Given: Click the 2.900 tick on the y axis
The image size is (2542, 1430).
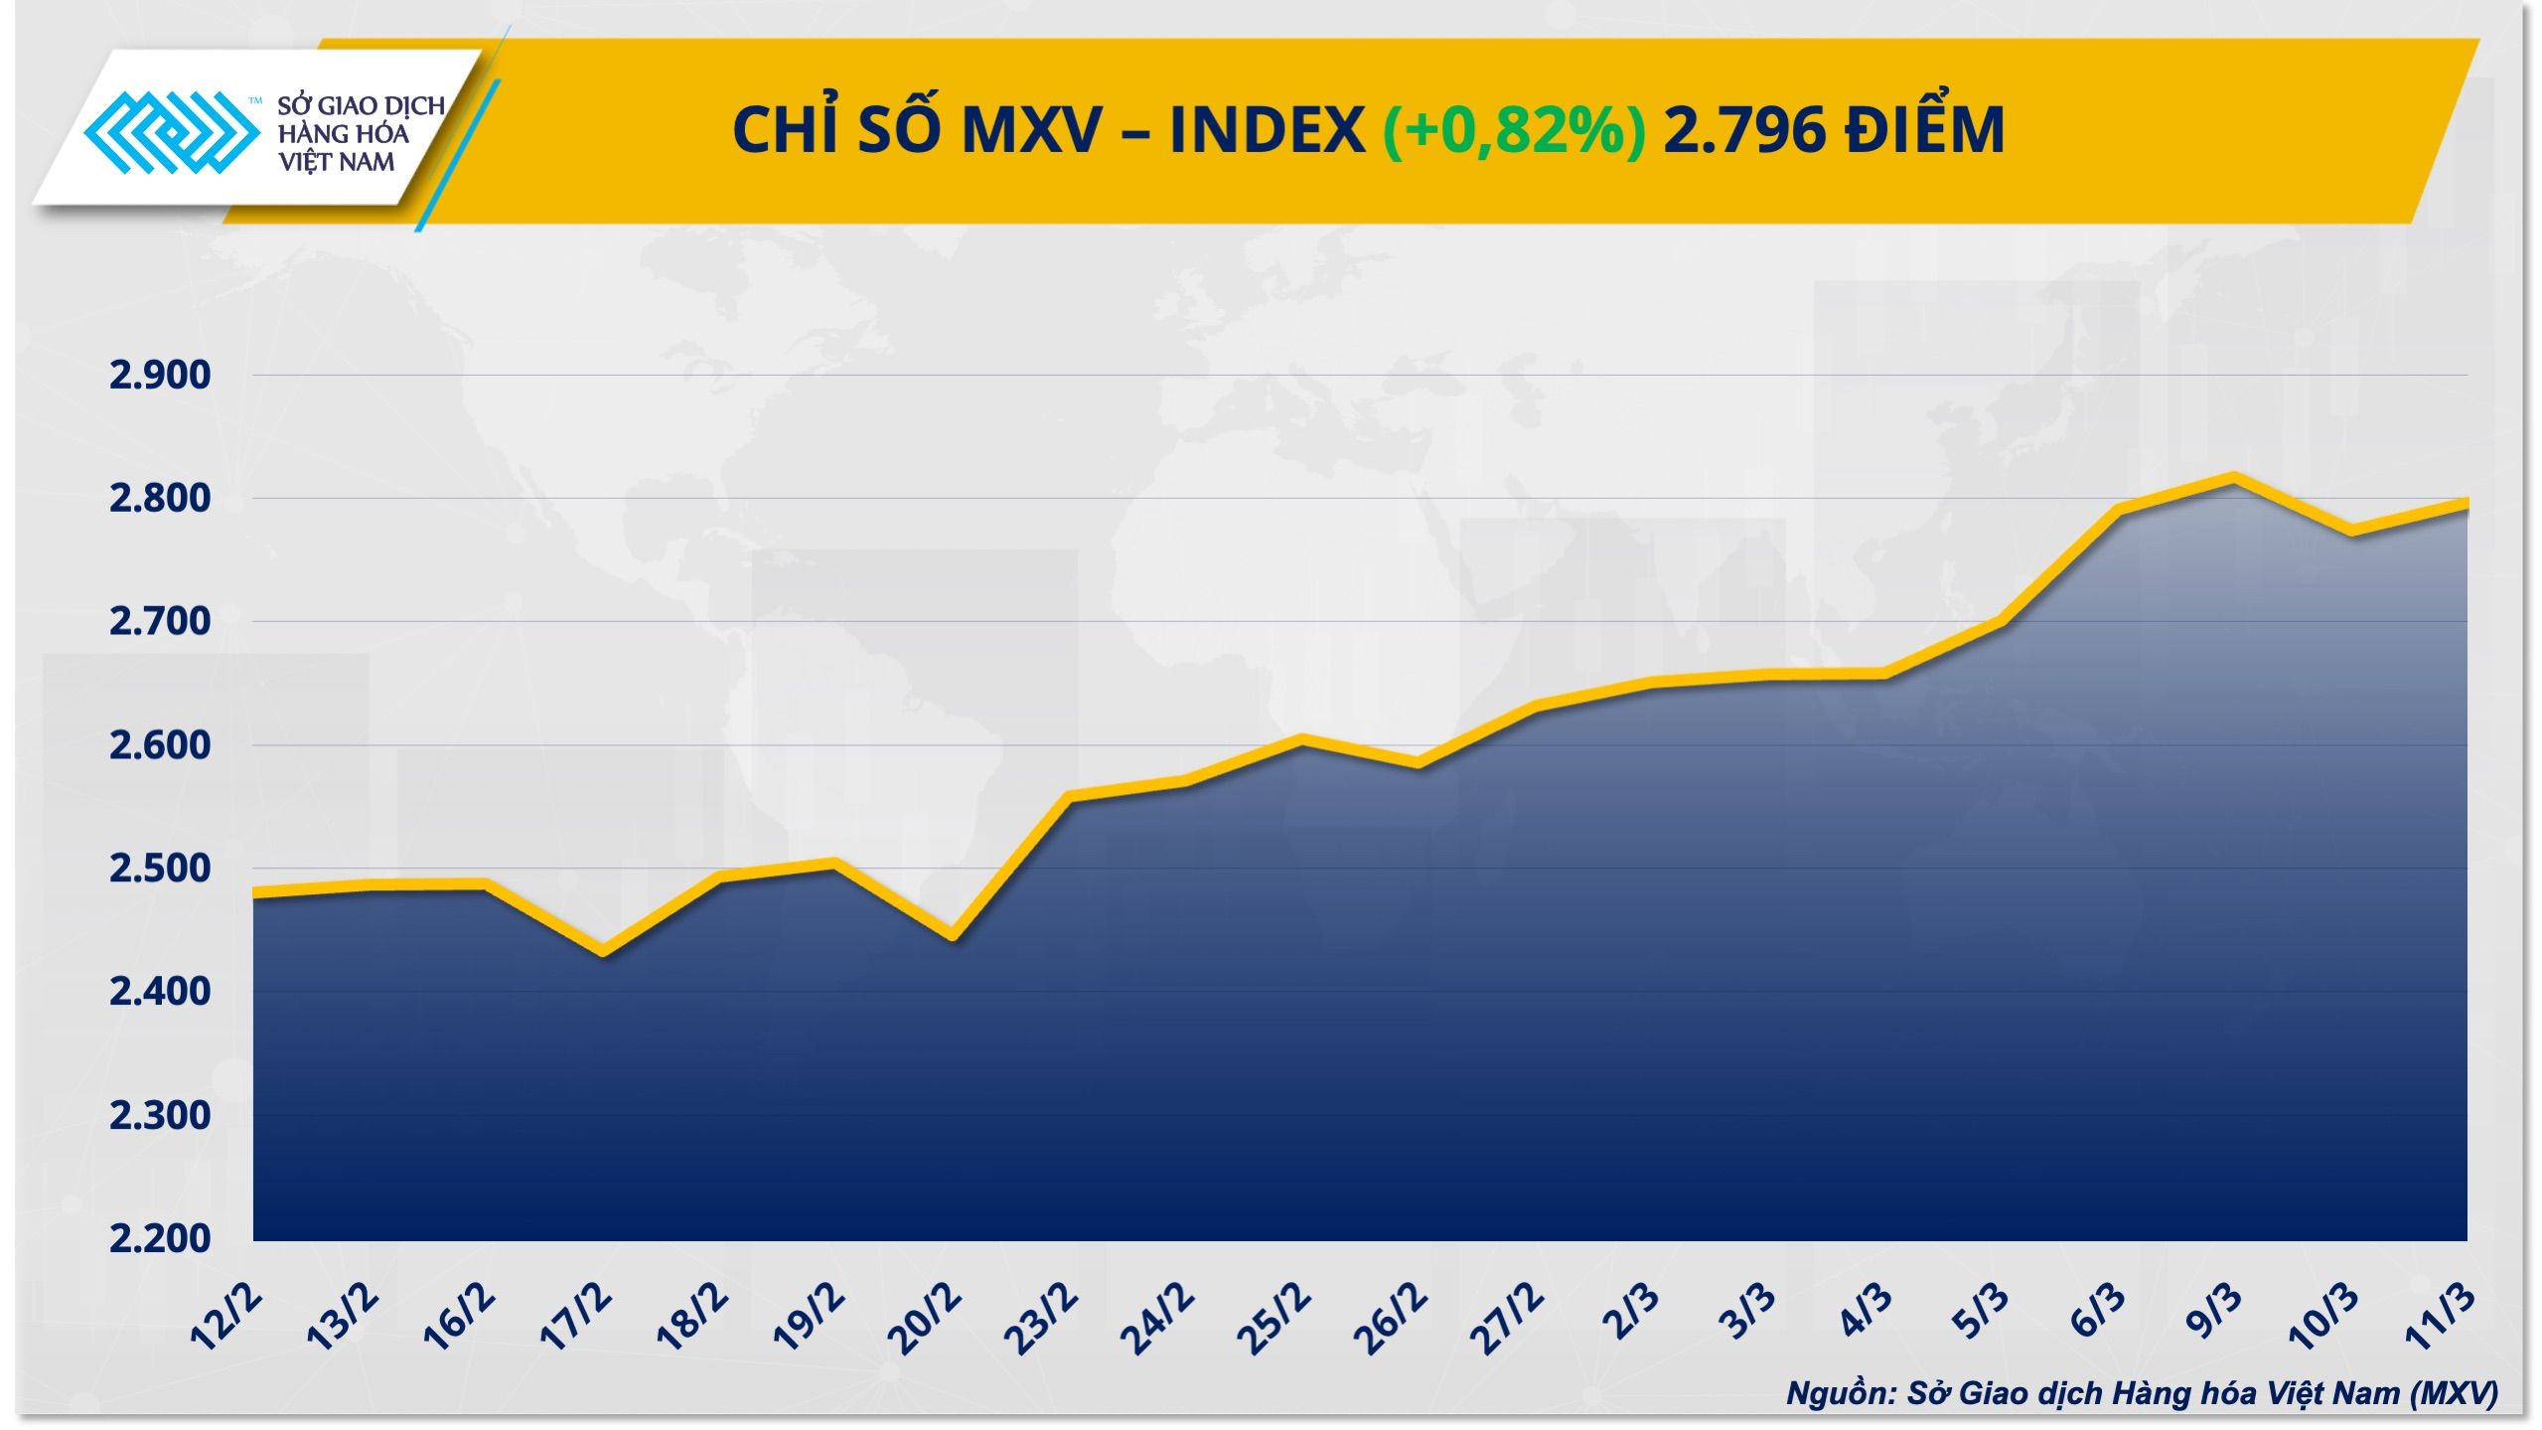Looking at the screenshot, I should (159, 376).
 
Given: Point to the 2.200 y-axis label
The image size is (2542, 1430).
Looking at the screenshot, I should (159, 1238).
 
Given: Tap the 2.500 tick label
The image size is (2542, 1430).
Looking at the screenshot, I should (159, 868).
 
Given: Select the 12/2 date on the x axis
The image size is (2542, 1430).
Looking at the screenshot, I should (227, 1317).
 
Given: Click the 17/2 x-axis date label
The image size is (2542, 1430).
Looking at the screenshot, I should (577, 1317).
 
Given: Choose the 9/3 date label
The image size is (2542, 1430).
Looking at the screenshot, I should (2216, 1313).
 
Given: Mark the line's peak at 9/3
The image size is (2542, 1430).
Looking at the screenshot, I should (2234, 479).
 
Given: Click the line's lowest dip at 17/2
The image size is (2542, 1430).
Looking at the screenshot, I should (603, 951).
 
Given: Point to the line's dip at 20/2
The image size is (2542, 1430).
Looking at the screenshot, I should (952, 935).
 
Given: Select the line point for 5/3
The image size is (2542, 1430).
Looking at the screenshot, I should (2001, 624).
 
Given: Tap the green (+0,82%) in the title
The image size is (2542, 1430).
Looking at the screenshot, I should (1514, 130).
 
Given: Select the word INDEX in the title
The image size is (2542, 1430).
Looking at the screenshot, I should (1267, 130).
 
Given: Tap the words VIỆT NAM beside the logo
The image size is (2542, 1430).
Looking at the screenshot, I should (336, 162).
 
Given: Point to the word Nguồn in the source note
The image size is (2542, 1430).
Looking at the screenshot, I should (1837, 1393).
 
